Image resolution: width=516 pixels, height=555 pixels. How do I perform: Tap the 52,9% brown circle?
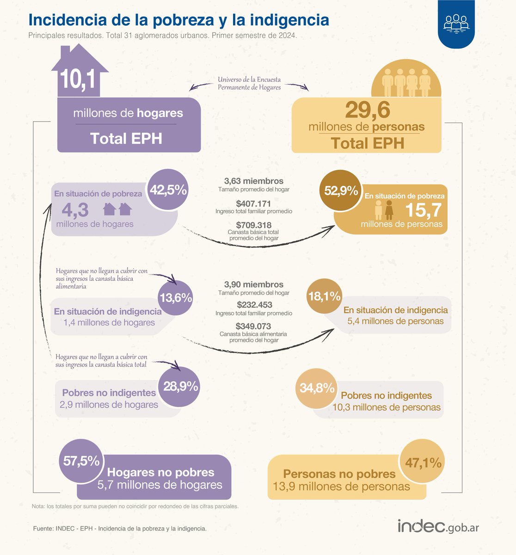point(341,191)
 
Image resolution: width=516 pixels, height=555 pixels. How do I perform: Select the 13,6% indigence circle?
point(176,298)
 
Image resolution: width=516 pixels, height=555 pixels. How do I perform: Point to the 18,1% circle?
point(325,296)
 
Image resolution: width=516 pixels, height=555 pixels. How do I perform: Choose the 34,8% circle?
point(317,388)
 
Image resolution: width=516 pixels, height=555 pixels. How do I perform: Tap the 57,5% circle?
point(81,461)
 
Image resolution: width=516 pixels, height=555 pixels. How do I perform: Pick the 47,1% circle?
point(423,462)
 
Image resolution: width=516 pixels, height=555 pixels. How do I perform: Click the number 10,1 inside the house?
point(78,80)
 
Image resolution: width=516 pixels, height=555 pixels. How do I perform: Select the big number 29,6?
point(368,111)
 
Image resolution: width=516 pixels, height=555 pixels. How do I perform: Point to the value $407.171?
point(253,203)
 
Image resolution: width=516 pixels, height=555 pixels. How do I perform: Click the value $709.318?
point(253,224)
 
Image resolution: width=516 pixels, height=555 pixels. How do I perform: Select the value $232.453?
point(254,305)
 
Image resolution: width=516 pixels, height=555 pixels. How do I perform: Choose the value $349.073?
point(253,326)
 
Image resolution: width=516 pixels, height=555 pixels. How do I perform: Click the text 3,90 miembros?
point(253,285)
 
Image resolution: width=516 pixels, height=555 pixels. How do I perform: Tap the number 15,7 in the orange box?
point(423,211)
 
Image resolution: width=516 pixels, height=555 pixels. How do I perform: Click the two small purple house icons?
point(117,210)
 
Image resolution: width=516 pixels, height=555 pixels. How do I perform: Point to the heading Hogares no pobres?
point(160,472)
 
